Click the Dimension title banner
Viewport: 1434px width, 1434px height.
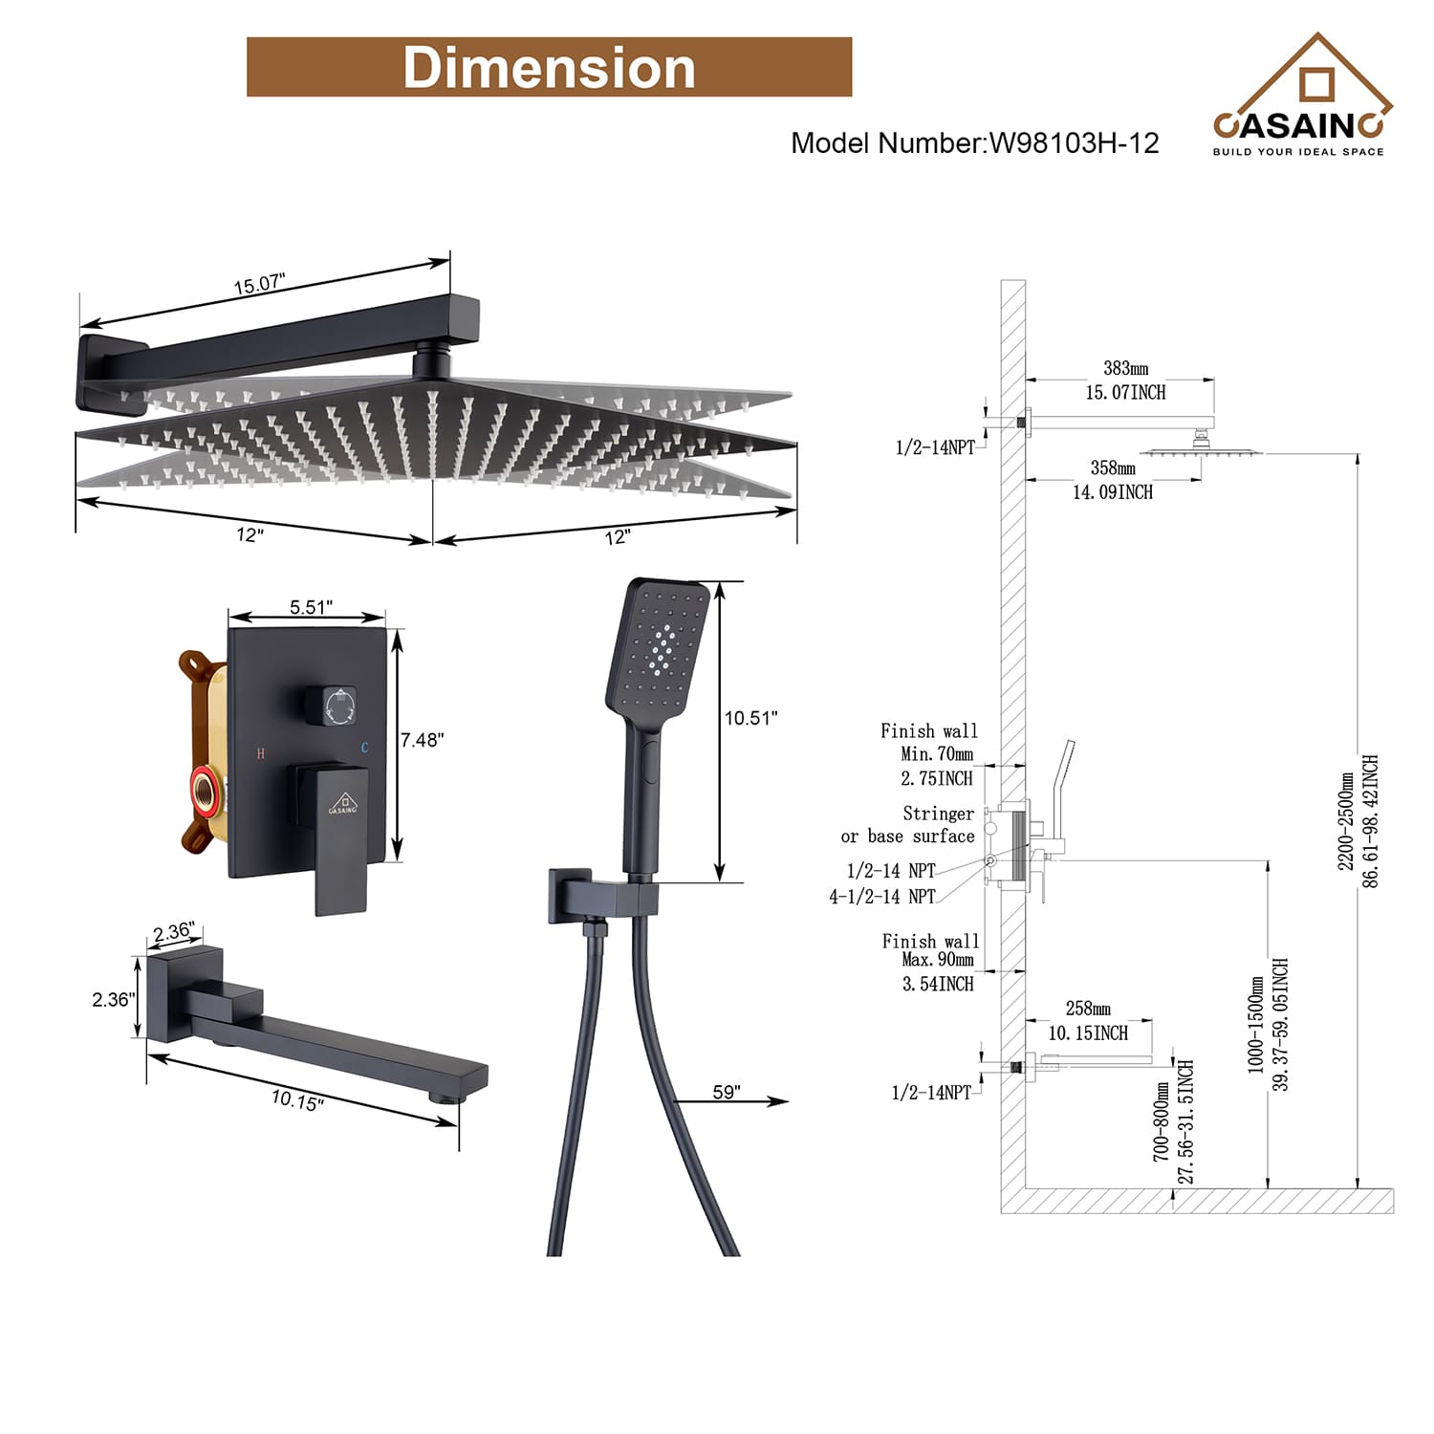coord(549,67)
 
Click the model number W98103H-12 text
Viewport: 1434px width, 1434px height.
coord(974,143)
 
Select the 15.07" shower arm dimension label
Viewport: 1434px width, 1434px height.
coord(259,284)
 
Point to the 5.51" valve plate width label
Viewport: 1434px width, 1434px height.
coord(311,607)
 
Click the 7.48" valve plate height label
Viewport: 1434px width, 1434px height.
coord(422,739)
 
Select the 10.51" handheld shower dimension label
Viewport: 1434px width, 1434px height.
coord(750,718)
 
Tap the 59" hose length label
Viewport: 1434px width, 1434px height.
coord(726,1092)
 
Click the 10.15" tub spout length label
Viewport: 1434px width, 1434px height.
coord(297,1099)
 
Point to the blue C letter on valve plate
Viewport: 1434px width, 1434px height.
coord(364,748)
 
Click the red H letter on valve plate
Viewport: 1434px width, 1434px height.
coord(260,753)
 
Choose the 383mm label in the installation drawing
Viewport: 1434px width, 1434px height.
coord(1125,368)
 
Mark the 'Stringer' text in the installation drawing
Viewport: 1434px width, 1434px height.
coord(938,814)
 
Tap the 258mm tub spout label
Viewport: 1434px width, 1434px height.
coord(1088,1009)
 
